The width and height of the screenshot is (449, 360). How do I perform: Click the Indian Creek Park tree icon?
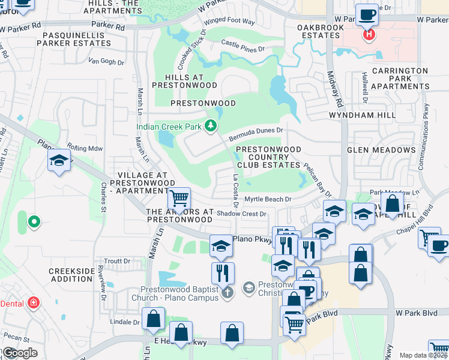tap(210, 125)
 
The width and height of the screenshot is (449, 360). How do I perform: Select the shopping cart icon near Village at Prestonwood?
tap(179, 197)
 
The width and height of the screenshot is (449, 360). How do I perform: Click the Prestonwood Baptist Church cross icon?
tap(227, 293)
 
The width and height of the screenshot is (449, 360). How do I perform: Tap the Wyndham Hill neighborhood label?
tap(362, 115)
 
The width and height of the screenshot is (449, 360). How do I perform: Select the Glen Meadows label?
tap(381, 150)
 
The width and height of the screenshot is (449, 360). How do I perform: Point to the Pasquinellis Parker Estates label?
tap(75, 40)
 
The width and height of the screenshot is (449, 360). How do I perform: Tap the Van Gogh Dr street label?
tap(106, 61)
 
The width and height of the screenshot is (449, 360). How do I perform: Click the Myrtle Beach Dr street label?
tap(268, 199)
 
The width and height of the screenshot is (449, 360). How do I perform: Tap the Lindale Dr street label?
tap(124, 322)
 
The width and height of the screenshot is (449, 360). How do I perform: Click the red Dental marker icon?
tap(34, 303)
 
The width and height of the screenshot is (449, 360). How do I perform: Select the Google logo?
tap(19, 353)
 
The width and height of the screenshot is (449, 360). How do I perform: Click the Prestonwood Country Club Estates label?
tap(268, 157)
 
